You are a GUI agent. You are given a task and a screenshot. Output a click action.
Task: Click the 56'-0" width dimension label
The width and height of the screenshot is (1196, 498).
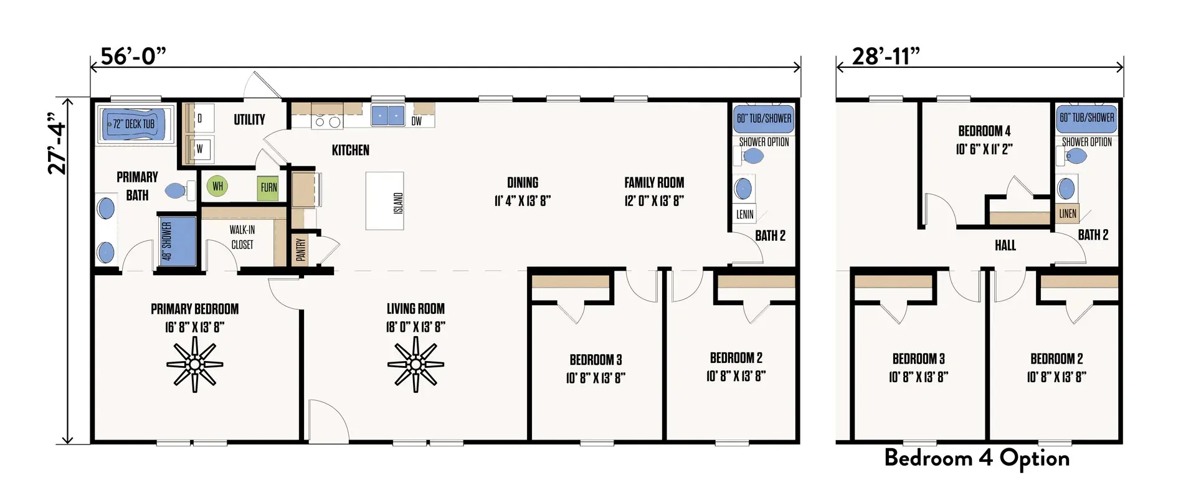[133, 56]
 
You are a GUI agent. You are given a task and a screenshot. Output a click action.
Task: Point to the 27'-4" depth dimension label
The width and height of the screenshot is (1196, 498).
[57, 144]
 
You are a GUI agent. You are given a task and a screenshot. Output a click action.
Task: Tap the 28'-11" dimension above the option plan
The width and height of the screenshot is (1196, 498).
[885, 56]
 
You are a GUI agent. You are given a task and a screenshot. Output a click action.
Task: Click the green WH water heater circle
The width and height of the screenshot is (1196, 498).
[217, 186]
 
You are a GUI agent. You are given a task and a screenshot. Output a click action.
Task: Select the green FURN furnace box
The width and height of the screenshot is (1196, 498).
[268, 187]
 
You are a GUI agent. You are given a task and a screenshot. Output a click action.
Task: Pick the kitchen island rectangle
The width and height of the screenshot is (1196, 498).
[385, 201]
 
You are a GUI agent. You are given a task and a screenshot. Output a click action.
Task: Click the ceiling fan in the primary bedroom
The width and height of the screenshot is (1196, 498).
[195, 365]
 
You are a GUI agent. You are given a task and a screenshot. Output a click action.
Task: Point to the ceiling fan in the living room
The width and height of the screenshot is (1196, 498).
[415, 365]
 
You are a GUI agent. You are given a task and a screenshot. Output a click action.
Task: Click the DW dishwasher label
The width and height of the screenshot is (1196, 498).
[416, 121]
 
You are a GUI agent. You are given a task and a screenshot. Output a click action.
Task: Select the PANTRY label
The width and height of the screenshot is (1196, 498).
[301, 250]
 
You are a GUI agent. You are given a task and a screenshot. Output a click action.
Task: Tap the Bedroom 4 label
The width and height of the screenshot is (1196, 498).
[984, 131]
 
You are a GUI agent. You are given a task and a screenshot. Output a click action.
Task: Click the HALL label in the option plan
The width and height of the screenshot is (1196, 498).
[1005, 245]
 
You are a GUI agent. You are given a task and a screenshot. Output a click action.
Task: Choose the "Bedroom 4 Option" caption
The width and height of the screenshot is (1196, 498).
[977, 458]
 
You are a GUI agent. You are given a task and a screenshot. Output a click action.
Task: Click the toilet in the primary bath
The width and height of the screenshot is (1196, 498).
[179, 190]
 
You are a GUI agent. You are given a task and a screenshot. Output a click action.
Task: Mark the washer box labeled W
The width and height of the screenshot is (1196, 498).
[200, 149]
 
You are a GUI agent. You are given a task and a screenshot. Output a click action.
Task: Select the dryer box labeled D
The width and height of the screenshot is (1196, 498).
[200, 118]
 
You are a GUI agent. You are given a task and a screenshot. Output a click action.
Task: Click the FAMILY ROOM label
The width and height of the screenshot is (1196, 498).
[654, 182]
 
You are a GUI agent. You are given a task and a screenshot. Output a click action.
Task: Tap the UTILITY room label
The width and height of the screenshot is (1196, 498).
[249, 120]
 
